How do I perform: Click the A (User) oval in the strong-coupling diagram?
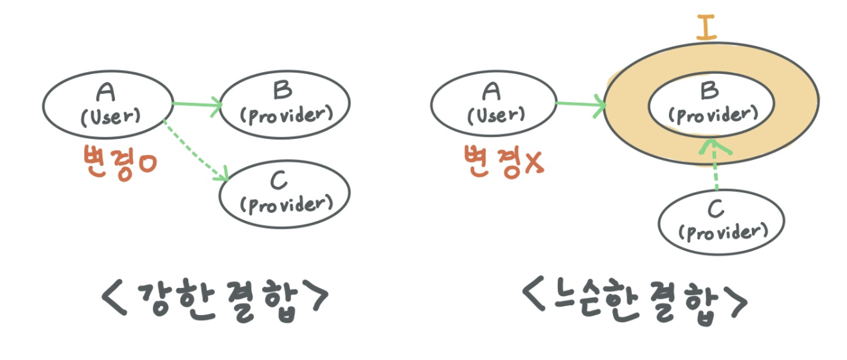pyautogui.click(x=107, y=105)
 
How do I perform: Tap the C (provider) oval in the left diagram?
pyautogui.click(x=285, y=193)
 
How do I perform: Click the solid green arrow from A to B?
pyautogui.click(x=196, y=104)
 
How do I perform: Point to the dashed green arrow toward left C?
pyautogui.click(x=197, y=148)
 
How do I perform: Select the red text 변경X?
pyautogui.click(x=504, y=161)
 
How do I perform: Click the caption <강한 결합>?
pyautogui.click(x=215, y=296)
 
